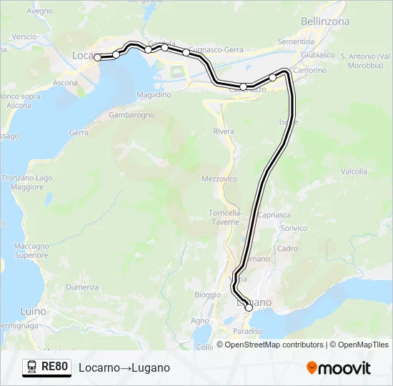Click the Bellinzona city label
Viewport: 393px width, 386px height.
pos(325,21)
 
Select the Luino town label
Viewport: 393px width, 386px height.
pos(33,312)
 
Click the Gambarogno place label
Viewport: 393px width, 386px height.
pos(132,114)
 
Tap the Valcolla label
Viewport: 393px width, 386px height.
pos(354,172)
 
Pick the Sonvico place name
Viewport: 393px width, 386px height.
pos(294,228)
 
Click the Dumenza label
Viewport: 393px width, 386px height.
pos(82,287)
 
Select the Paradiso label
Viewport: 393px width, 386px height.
pos(248,331)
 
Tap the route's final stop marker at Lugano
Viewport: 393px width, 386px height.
pos(249,307)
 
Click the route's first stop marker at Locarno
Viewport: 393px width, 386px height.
pos(99,58)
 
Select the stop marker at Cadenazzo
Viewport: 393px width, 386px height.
pos(244,86)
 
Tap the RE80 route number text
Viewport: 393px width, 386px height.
pos(55,367)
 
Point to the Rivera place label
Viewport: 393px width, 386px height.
pos(224,132)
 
